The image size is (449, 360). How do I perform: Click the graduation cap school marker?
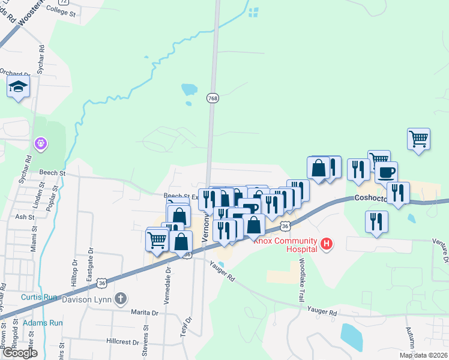click(x=19, y=88)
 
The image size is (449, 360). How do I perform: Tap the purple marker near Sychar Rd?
click(x=41, y=143)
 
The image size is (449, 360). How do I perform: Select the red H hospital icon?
click(x=327, y=244)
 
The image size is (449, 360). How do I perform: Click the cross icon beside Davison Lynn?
click(x=121, y=298)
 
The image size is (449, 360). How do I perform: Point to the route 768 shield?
click(x=212, y=97)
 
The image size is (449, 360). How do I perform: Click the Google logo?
click(x=19, y=353)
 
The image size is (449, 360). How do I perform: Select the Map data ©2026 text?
click(x=423, y=355)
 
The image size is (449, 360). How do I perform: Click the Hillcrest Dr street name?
click(x=122, y=340)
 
